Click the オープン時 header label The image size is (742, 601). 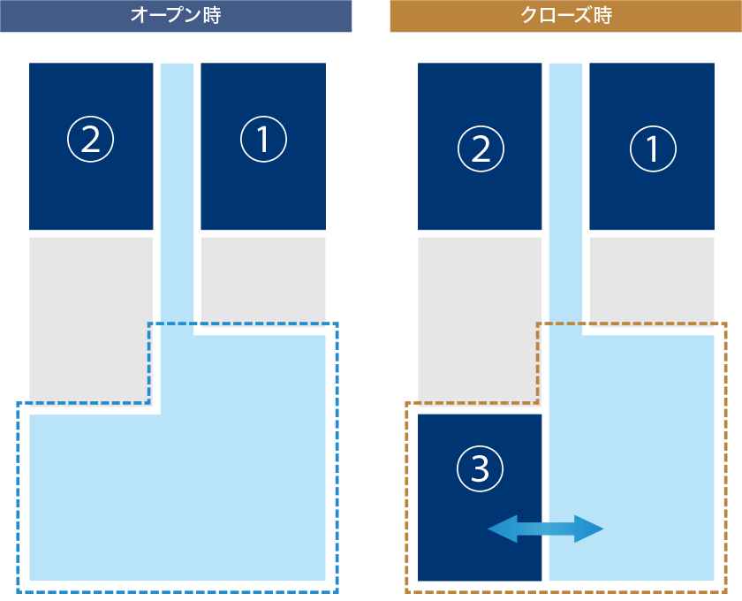coord(175,15)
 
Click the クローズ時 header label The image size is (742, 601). coord(566,15)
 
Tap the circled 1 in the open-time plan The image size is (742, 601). coord(263,140)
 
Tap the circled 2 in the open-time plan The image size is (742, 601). coord(91,140)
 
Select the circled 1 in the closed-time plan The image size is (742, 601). coord(653,148)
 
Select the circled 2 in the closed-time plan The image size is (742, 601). coord(481,148)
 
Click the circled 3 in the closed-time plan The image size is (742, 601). coord(480,468)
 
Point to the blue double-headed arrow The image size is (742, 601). coord(546,529)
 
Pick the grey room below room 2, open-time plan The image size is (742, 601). coord(90,318)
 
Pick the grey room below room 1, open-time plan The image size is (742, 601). coord(263,278)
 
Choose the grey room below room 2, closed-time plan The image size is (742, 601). coord(479,318)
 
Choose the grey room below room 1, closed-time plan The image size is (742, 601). coord(652,278)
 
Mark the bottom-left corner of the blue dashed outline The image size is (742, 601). coord(18,591)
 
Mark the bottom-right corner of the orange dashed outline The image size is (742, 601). coord(725,591)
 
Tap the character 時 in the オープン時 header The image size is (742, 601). coord(211,15)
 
